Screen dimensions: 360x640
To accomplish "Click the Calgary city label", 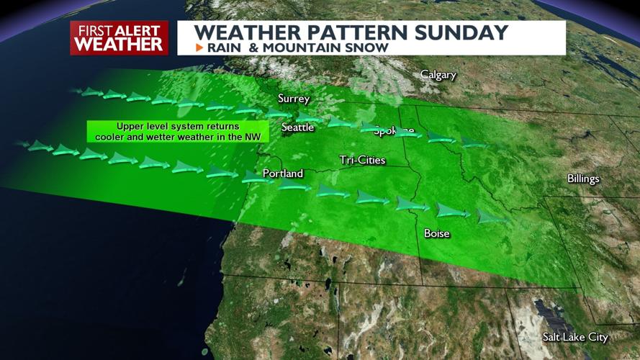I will tap(438, 75).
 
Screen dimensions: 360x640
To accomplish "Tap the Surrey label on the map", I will tap(294, 99).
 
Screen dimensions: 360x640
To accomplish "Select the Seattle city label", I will tap(297, 127).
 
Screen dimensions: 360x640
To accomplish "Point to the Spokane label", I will tap(394, 130).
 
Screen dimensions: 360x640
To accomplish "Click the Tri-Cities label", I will tap(363, 160).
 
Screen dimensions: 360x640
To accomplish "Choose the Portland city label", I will tap(283, 174).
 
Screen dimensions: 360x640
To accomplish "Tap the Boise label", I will tap(437, 233).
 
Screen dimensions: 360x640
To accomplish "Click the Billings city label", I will tap(583, 179).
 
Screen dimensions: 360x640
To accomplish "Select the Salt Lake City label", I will tap(575, 337).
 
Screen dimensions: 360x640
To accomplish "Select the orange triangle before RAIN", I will tap(199, 48).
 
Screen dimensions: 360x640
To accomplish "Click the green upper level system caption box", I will tap(177, 131).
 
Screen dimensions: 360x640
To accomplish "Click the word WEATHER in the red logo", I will tap(119, 44).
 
